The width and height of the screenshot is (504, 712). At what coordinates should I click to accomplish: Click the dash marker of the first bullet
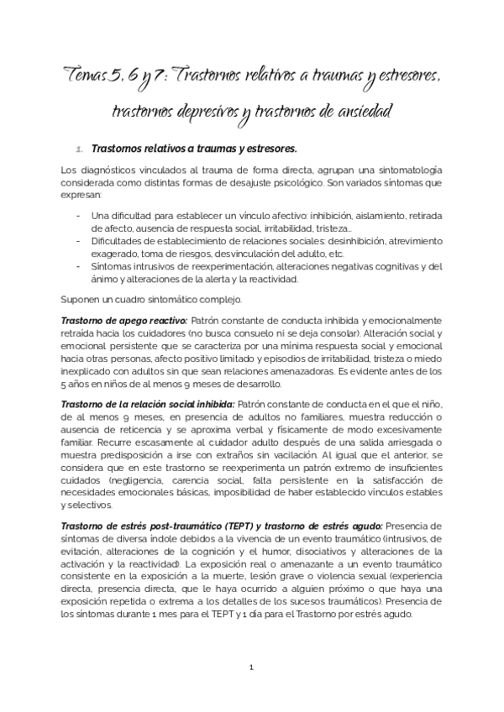coord(78,215)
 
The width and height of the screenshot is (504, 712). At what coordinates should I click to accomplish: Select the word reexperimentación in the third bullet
coord(221,268)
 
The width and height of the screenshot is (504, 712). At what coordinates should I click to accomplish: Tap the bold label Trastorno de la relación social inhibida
coord(148,405)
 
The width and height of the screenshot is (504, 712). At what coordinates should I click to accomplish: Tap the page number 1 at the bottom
coord(251,667)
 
